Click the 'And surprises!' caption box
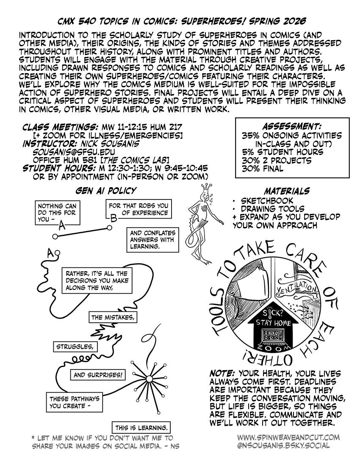pyautogui.click(x=100, y=375)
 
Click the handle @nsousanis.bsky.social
pyautogui.click(x=283, y=446)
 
